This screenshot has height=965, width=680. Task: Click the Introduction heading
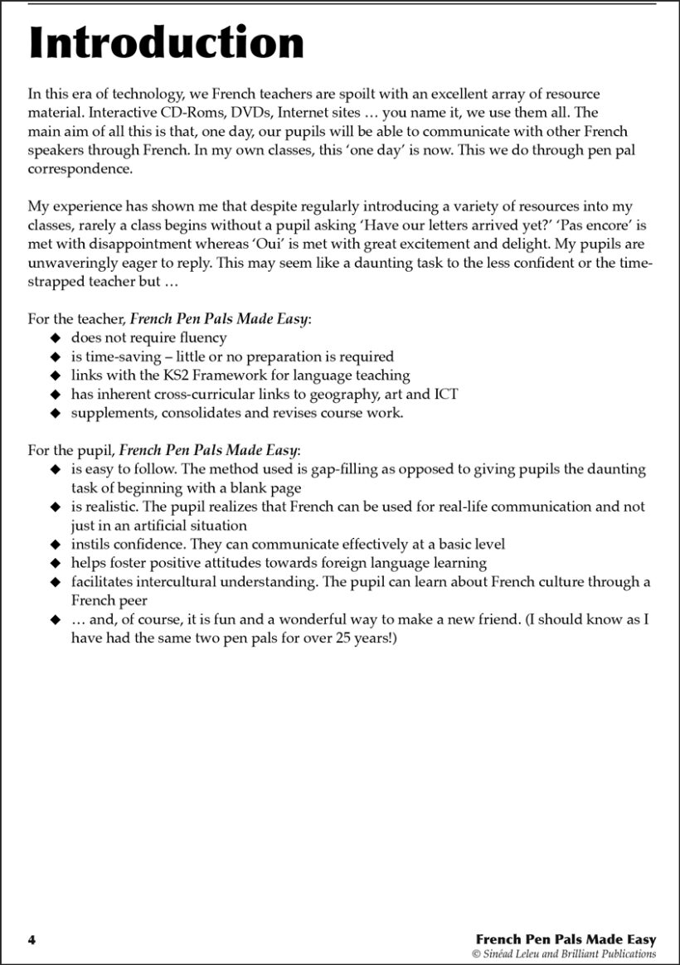[x=166, y=43]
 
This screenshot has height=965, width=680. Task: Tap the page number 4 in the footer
[x=32, y=939]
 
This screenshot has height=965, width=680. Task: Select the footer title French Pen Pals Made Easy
[x=566, y=939]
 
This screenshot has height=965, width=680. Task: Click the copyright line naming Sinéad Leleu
[x=564, y=954]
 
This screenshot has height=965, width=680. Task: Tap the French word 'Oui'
[x=248, y=245]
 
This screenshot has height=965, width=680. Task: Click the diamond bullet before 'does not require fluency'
[x=55, y=338]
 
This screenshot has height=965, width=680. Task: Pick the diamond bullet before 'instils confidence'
[x=55, y=545]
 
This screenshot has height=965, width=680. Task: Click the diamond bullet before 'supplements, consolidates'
[x=55, y=413]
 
